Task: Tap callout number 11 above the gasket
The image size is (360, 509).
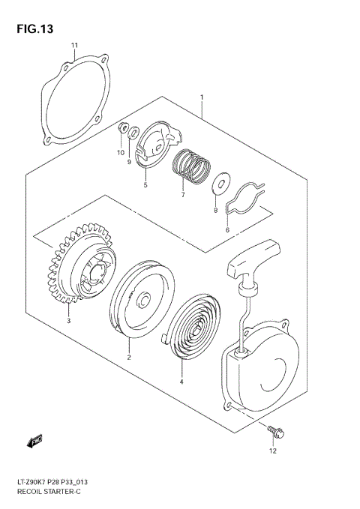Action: (x=74, y=46)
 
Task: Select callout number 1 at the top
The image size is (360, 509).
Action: (x=201, y=96)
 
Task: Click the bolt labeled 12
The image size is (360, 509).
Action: (x=271, y=430)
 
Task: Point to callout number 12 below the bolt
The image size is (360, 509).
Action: (x=272, y=451)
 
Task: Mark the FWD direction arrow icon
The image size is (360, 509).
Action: (x=34, y=440)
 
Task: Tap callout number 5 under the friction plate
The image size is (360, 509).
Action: (x=145, y=184)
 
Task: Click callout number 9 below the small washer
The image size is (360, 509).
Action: (x=128, y=161)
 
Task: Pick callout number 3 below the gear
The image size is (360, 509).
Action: (x=68, y=321)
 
